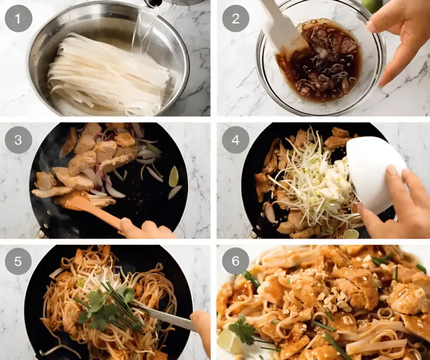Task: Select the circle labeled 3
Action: click(18, 140)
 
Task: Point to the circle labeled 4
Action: click(235, 140)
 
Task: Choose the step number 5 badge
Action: click(18, 261)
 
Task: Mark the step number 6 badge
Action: click(235, 261)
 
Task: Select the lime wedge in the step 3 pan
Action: click(173, 176)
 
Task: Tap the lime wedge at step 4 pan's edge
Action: click(351, 234)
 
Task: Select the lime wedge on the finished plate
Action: click(229, 341)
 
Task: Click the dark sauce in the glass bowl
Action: click(319, 63)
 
